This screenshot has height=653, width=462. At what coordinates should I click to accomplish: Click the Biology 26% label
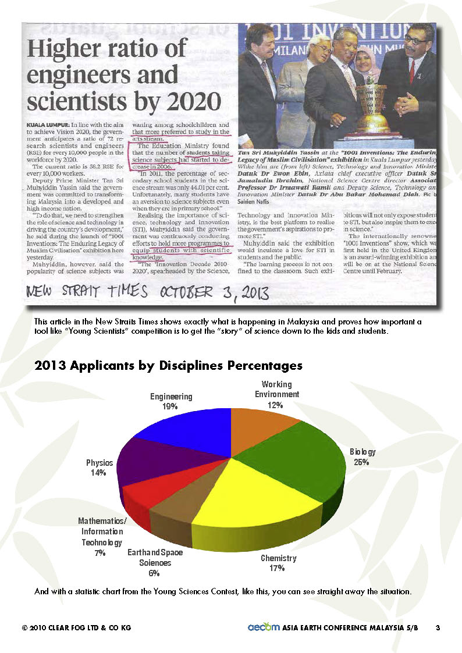[363, 456]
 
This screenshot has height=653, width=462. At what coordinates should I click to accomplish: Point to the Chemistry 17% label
[279, 563]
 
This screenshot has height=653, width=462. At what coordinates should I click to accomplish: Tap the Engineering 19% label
[171, 402]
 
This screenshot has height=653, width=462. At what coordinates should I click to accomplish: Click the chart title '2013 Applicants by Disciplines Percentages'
[169, 366]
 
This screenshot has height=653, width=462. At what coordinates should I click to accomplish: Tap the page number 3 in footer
[437, 628]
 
